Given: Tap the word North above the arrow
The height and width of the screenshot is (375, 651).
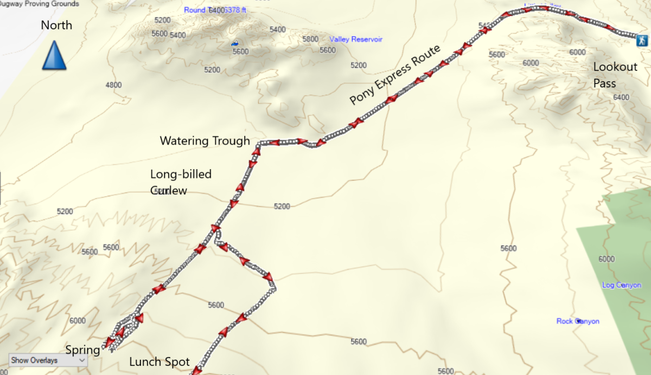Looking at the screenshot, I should pos(56,25).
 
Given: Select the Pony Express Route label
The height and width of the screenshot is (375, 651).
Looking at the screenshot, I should pos(395,75).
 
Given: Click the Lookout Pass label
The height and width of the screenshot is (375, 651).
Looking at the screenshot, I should pos(615,75).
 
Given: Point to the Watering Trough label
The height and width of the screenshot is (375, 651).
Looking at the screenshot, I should pos(205,141).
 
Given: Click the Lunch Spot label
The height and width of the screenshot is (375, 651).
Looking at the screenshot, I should pos(159,362).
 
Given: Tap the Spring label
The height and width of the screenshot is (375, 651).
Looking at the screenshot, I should pos(82,350).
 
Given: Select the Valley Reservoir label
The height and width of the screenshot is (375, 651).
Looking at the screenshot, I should pos(356,40).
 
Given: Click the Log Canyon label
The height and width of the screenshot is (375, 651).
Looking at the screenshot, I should pos(621,285).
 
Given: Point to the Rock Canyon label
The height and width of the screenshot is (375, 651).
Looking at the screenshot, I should pos(578,321).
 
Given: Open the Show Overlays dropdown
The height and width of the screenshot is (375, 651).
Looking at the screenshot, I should pos(48,360).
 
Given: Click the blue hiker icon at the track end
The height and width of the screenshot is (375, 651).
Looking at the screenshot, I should pos(642,40).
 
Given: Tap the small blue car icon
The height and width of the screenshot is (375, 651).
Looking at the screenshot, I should pos(234,43).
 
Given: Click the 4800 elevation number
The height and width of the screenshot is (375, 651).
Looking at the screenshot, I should pos(114,85).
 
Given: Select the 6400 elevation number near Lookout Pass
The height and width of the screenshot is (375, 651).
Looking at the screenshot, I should pos(621,98).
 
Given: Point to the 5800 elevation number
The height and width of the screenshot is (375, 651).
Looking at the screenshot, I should pos(310,40).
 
